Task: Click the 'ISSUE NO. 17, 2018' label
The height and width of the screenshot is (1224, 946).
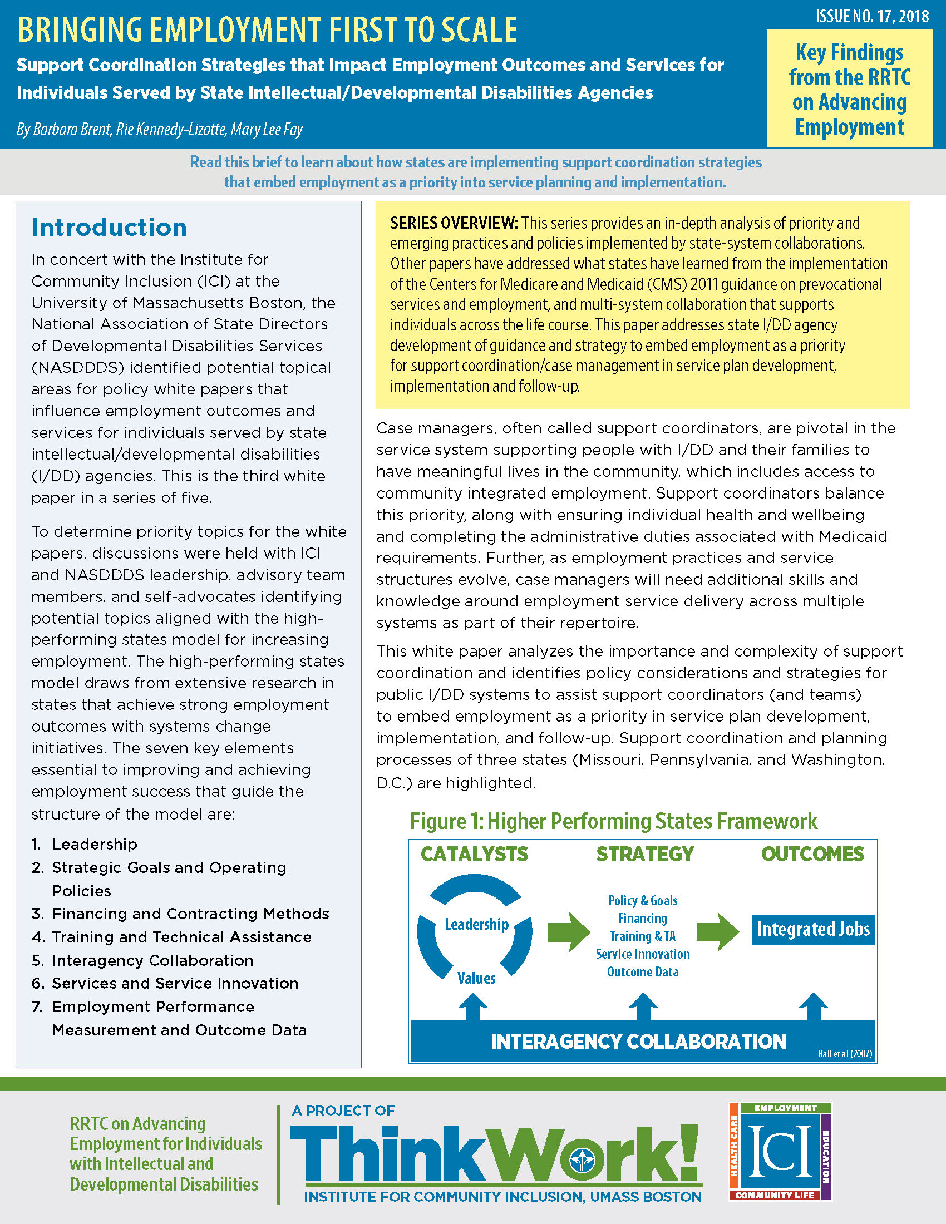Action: point(872,17)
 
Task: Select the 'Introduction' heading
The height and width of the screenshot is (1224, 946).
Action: point(109,228)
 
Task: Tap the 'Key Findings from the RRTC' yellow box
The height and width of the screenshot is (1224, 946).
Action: point(849,88)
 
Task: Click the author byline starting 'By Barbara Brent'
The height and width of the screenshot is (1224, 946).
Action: point(160,130)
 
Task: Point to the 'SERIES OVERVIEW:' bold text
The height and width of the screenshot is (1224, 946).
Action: point(454,223)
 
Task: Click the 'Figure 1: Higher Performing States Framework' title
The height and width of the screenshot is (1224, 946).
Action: point(613,821)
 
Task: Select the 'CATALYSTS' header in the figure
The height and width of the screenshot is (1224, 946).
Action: point(474,854)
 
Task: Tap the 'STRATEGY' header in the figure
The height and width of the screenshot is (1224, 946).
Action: point(644,854)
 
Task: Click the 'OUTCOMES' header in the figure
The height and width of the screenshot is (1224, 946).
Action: point(812,854)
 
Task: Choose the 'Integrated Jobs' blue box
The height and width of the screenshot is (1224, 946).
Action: point(812,929)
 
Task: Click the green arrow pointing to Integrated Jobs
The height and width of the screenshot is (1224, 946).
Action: point(718,931)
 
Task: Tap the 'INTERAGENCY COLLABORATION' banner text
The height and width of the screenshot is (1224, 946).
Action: point(638,1042)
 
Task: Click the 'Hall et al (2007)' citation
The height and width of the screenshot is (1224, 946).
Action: point(845,1054)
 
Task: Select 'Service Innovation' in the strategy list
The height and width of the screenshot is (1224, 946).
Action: point(643,954)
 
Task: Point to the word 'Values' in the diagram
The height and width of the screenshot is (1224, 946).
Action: point(476,978)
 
